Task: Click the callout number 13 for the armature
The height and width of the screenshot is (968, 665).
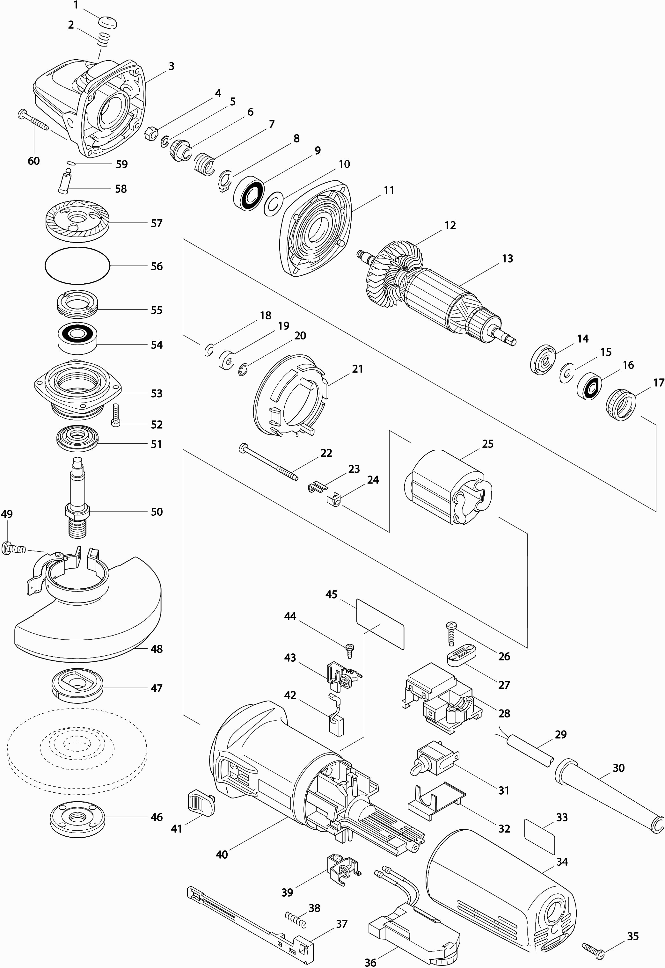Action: coord(507,259)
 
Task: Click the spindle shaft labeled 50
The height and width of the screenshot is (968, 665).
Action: coord(77,498)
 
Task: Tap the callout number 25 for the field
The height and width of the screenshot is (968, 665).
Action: coord(487,444)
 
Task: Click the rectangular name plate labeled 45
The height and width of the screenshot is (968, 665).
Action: coord(380,623)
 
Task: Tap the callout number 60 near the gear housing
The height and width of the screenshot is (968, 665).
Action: coord(33,161)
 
